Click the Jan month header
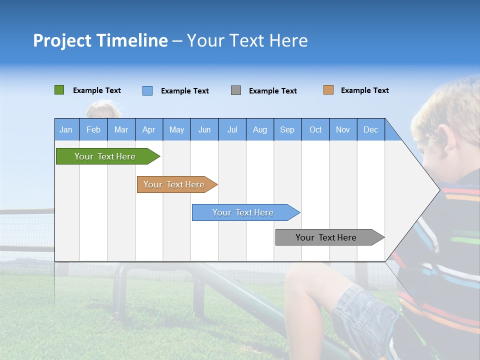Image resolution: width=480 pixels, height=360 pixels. pos(66,129)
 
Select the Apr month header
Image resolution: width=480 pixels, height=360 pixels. pos(149,129)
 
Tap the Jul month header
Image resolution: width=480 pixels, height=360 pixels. pos(232,129)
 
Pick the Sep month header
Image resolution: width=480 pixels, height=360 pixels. pos(287,129)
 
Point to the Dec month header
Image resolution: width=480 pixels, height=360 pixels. pos(370,129)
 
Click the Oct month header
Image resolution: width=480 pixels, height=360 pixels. pos(315,129)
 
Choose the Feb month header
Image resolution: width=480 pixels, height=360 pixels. pos(93,129)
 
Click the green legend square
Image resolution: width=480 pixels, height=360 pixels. pos(59,90)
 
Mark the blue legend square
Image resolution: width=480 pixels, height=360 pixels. pos(147,90)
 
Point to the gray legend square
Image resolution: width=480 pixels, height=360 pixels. pos(236,90)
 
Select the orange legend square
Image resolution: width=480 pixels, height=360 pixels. pos(328,90)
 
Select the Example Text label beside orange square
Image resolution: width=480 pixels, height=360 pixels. pos(364,90)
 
